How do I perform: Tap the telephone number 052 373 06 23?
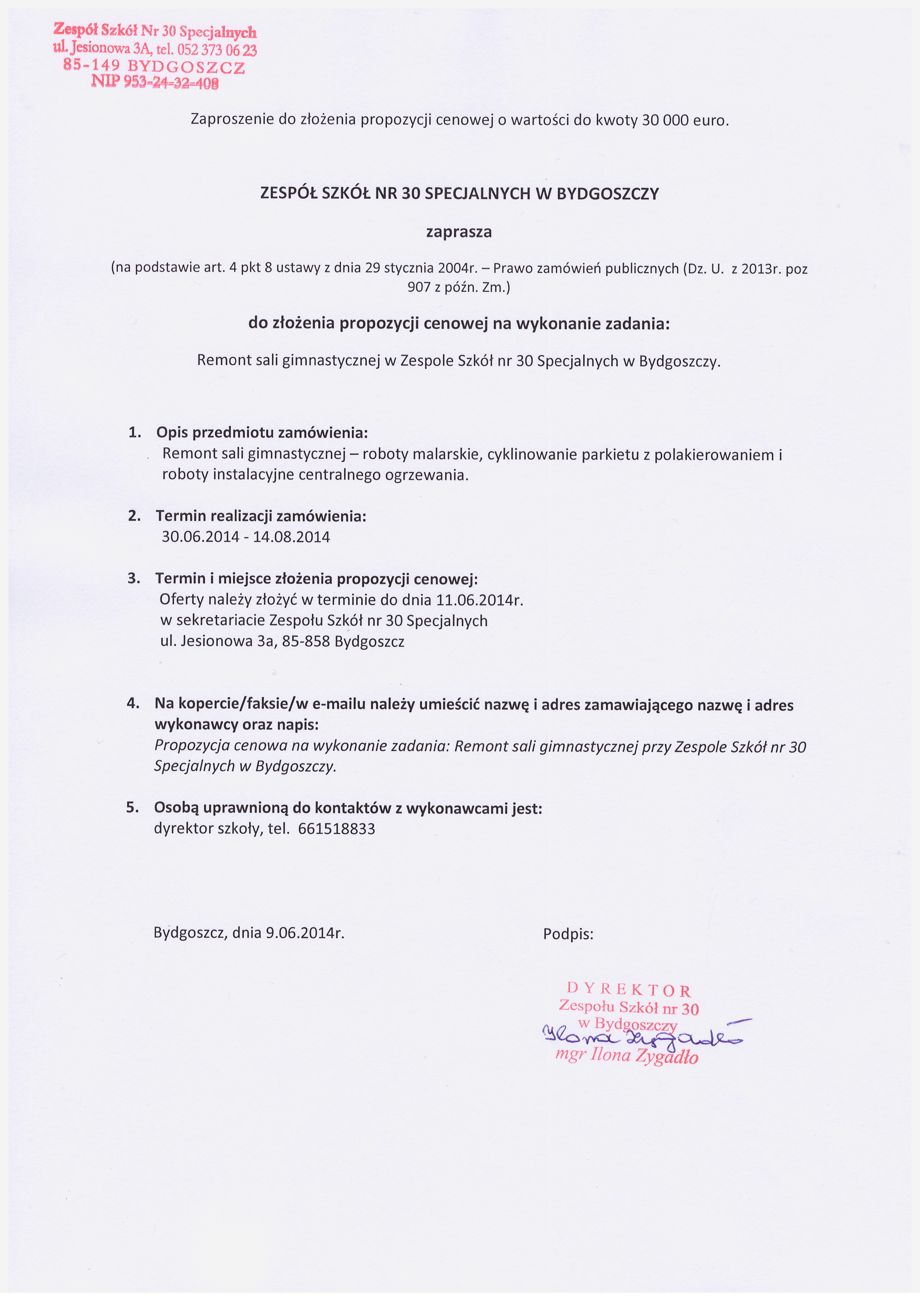(x=217, y=50)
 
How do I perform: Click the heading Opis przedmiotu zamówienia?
(x=262, y=433)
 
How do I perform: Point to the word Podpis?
(x=568, y=934)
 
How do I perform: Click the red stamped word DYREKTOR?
(x=629, y=990)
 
